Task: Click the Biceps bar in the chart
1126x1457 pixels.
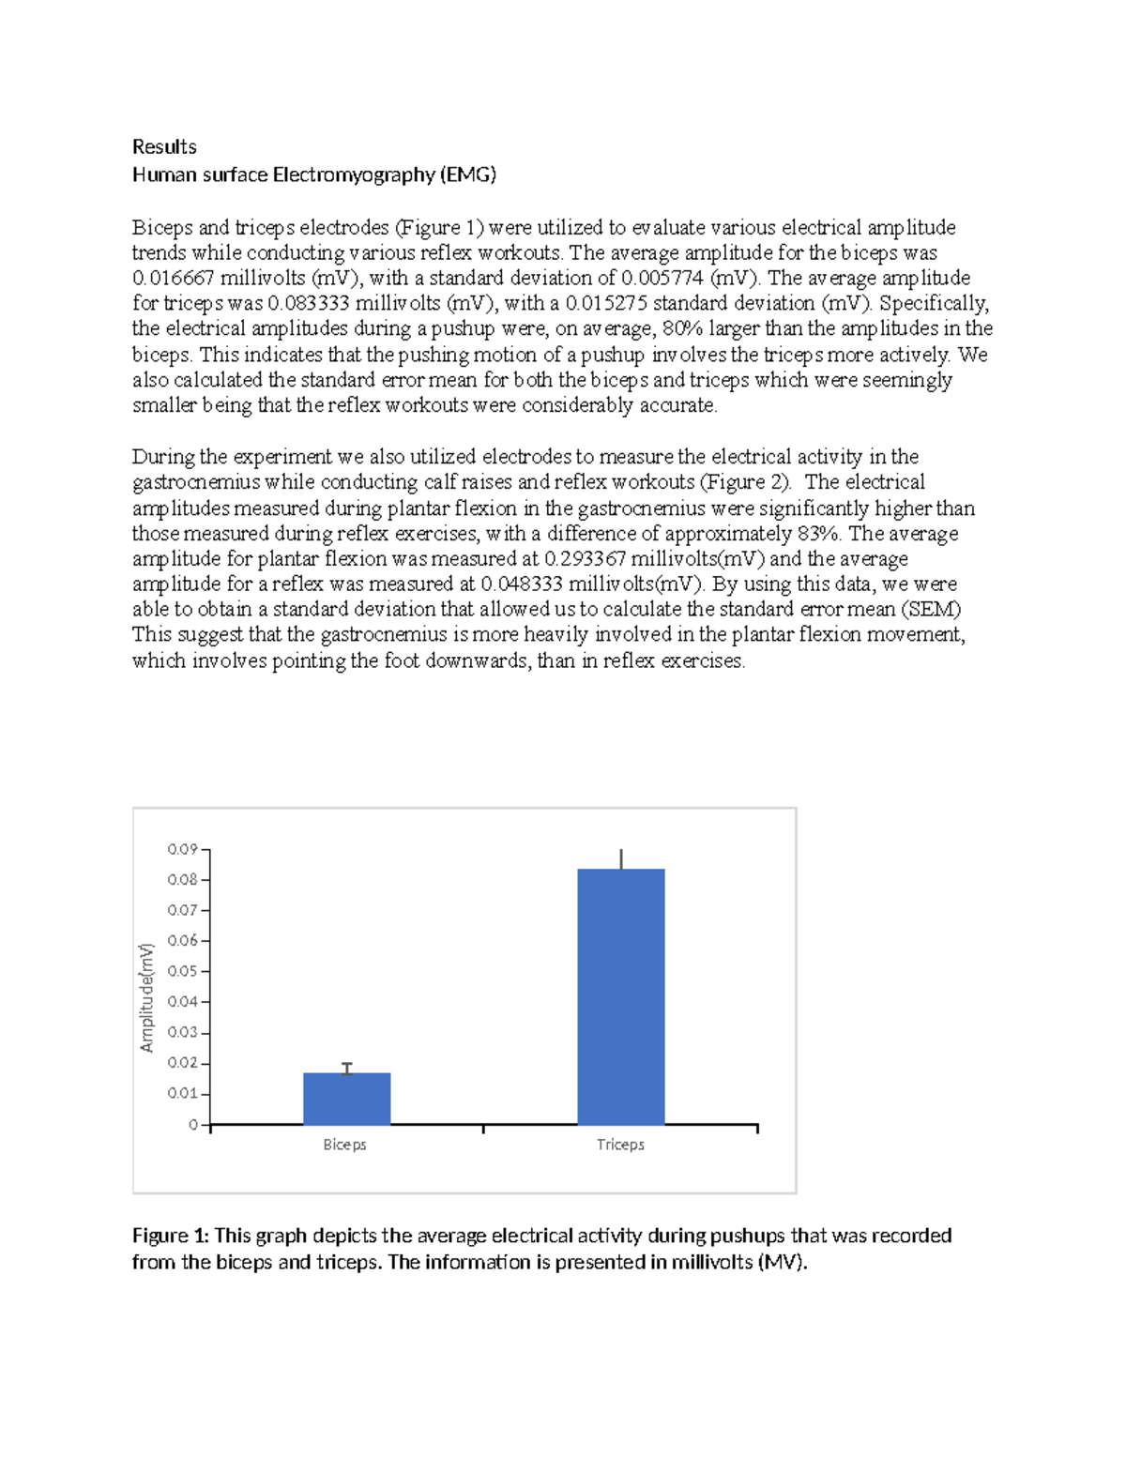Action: (346, 1099)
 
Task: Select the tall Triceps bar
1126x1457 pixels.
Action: (620, 996)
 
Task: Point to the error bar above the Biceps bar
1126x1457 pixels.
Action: (347, 1068)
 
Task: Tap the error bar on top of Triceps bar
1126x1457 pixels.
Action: (621, 858)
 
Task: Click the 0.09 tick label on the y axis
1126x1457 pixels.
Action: (182, 849)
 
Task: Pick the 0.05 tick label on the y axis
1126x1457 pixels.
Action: (182, 971)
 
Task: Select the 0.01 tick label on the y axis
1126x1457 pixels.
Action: (182, 1093)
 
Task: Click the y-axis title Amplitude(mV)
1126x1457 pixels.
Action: (146, 997)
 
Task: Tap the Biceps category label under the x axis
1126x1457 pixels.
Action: (344, 1145)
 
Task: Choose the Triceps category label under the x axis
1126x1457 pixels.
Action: (620, 1145)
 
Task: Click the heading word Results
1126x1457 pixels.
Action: (164, 146)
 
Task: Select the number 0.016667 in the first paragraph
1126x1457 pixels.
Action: (173, 278)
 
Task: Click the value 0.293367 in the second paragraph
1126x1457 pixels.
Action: (586, 559)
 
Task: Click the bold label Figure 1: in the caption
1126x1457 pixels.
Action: (171, 1236)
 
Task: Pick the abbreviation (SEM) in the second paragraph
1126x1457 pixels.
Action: (931, 609)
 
